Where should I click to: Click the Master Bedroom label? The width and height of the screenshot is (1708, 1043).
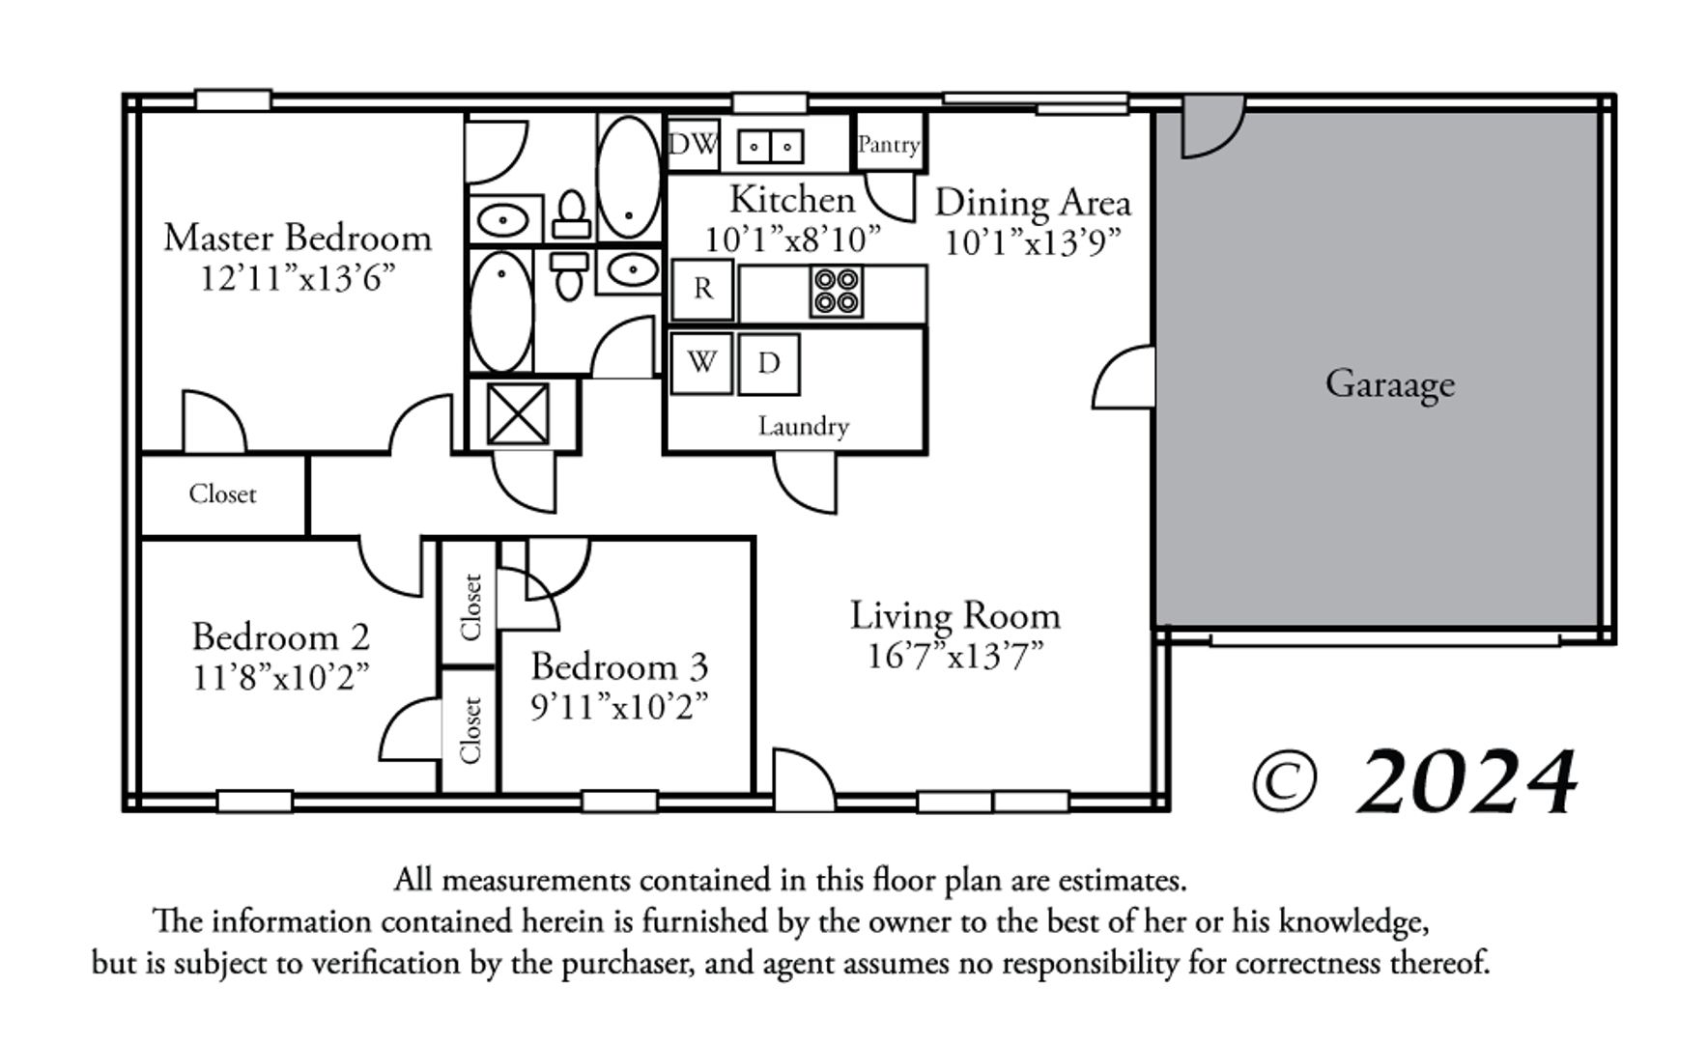(x=298, y=238)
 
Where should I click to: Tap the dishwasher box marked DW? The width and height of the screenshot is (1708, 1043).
(x=694, y=144)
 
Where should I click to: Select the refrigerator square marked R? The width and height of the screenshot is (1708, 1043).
(x=702, y=289)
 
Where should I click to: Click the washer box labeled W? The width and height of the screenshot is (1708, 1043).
(x=701, y=363)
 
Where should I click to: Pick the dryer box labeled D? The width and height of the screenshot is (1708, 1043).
(x=769, y=364)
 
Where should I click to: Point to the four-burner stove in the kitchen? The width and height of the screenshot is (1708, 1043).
(x=837, y=292)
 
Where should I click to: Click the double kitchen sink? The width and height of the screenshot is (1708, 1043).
(x=771, y=147)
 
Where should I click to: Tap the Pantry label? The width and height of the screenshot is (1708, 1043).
(x=889, y=145)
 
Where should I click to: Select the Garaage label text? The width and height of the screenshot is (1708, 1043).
(x=1389, y=384)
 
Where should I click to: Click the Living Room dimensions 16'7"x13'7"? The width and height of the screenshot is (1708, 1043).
(x=955, y=657)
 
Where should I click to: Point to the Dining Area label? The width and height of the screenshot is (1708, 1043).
(x=1033, y=203)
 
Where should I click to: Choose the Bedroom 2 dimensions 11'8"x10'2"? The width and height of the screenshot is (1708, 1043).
(x=281, y=678)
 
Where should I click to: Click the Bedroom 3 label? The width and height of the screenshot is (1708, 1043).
(x=619, y=666)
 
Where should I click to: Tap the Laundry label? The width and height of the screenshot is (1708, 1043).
(x=804, y=426)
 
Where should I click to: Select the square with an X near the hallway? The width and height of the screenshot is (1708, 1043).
(x=518, y=414)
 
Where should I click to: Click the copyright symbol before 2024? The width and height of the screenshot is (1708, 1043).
(x=1284, y=782)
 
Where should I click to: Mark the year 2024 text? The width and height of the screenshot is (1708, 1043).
(x=1466, y=780)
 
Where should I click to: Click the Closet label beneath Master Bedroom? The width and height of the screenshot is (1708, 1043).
(x=222, y=493)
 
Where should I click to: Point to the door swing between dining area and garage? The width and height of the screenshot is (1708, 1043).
(x=1124, y=377)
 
